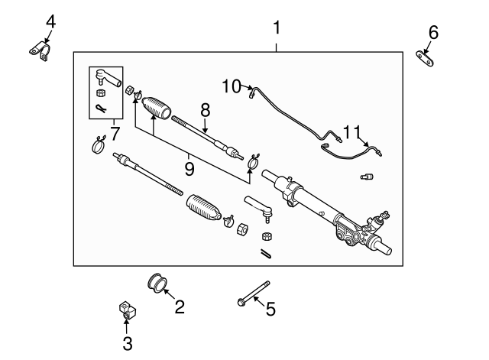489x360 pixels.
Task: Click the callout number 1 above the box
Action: point(277,28)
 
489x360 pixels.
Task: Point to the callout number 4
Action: point(50,21)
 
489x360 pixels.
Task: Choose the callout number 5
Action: point(270,310)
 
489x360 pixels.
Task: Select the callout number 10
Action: point(231,86)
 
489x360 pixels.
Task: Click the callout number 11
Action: point(351,132)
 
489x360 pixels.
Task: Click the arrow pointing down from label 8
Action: point(206,123)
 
